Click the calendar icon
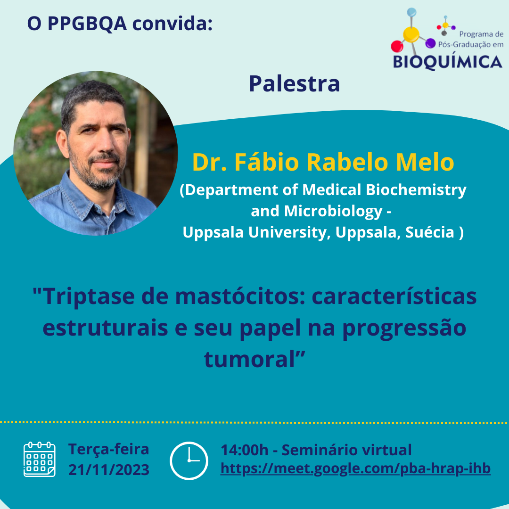coord(39,459)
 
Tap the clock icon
coord(189,460)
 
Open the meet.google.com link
coord(355,469)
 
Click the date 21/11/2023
coord(109,470)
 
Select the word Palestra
coord(295,84)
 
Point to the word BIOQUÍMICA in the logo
coord(448,62)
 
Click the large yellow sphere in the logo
coord(411,34)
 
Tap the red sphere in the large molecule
coord(397,46)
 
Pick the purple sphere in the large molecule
coord(430,43)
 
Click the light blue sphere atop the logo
coord(411,12)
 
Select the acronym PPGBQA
coord(87,24)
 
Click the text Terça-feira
coord(109,450)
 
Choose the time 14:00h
coord(245,450)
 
